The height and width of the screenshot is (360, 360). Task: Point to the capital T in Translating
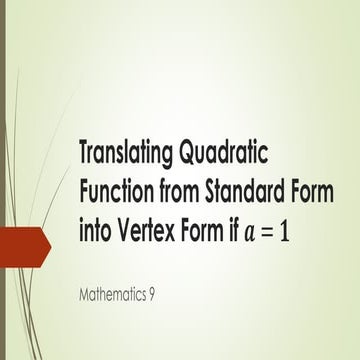(x=84, y=153)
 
